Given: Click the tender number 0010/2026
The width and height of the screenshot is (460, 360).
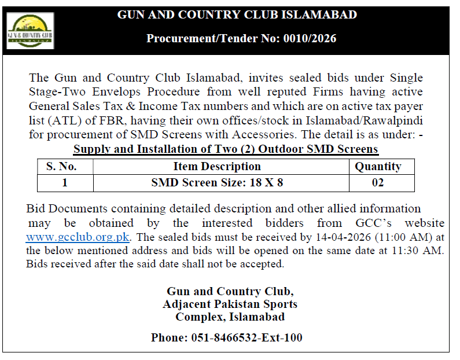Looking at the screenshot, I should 308,39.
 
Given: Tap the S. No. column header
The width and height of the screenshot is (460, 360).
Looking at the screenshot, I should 65,167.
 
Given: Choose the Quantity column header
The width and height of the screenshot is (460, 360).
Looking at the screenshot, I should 378,167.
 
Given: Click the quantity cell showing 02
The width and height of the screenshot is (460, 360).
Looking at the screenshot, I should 378,183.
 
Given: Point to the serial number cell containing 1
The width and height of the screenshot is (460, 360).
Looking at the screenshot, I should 65,183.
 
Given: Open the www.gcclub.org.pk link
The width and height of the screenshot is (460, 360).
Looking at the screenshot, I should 78,237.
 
